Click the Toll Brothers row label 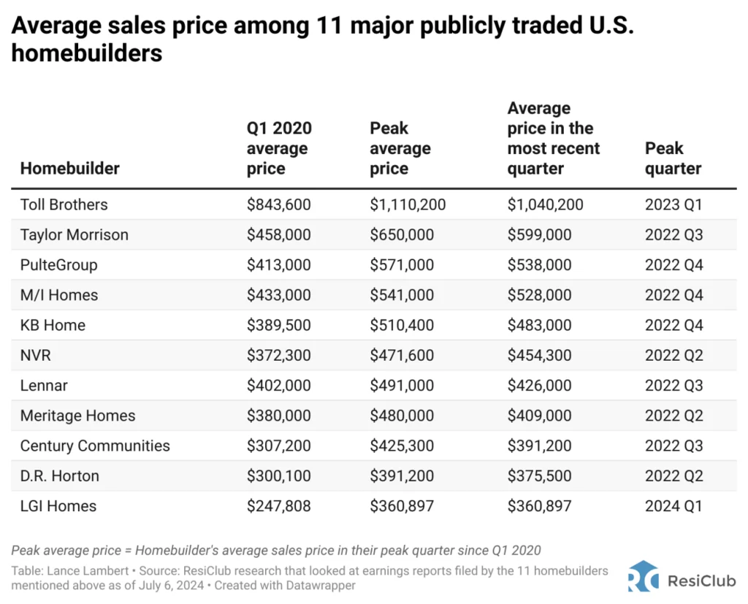(64, 204)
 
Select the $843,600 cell (278, 204)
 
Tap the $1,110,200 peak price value (408, 204)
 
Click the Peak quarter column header (673, 158)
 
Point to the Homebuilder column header (69, 168)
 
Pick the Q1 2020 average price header (279, 148)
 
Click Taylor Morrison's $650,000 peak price (402, 234)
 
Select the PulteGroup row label (58, 264)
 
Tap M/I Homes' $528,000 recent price (539, 295)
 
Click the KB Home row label (53, 325)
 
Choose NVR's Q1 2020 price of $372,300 (278, 355)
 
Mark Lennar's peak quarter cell (673, 386)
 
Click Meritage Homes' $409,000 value (539, 416)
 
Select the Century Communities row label (95, 446)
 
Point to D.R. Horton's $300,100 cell (278, 475)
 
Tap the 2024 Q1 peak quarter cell (673, 505)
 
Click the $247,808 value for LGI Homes (278, 505)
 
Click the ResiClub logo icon (642, 577)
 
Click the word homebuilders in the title (87, 53)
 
